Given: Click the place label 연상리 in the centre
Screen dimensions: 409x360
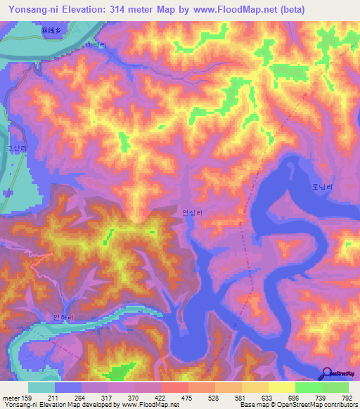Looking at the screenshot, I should click(191, 212).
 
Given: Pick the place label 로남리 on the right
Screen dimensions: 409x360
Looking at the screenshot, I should click(321, 188).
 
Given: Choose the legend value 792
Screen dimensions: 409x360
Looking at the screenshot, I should click(346, 398).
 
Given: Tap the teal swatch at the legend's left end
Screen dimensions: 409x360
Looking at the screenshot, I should click(41, 387).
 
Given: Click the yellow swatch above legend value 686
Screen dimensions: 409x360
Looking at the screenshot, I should click(281, 387).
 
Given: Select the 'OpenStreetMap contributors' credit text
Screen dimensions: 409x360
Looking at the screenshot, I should click(312, 405).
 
